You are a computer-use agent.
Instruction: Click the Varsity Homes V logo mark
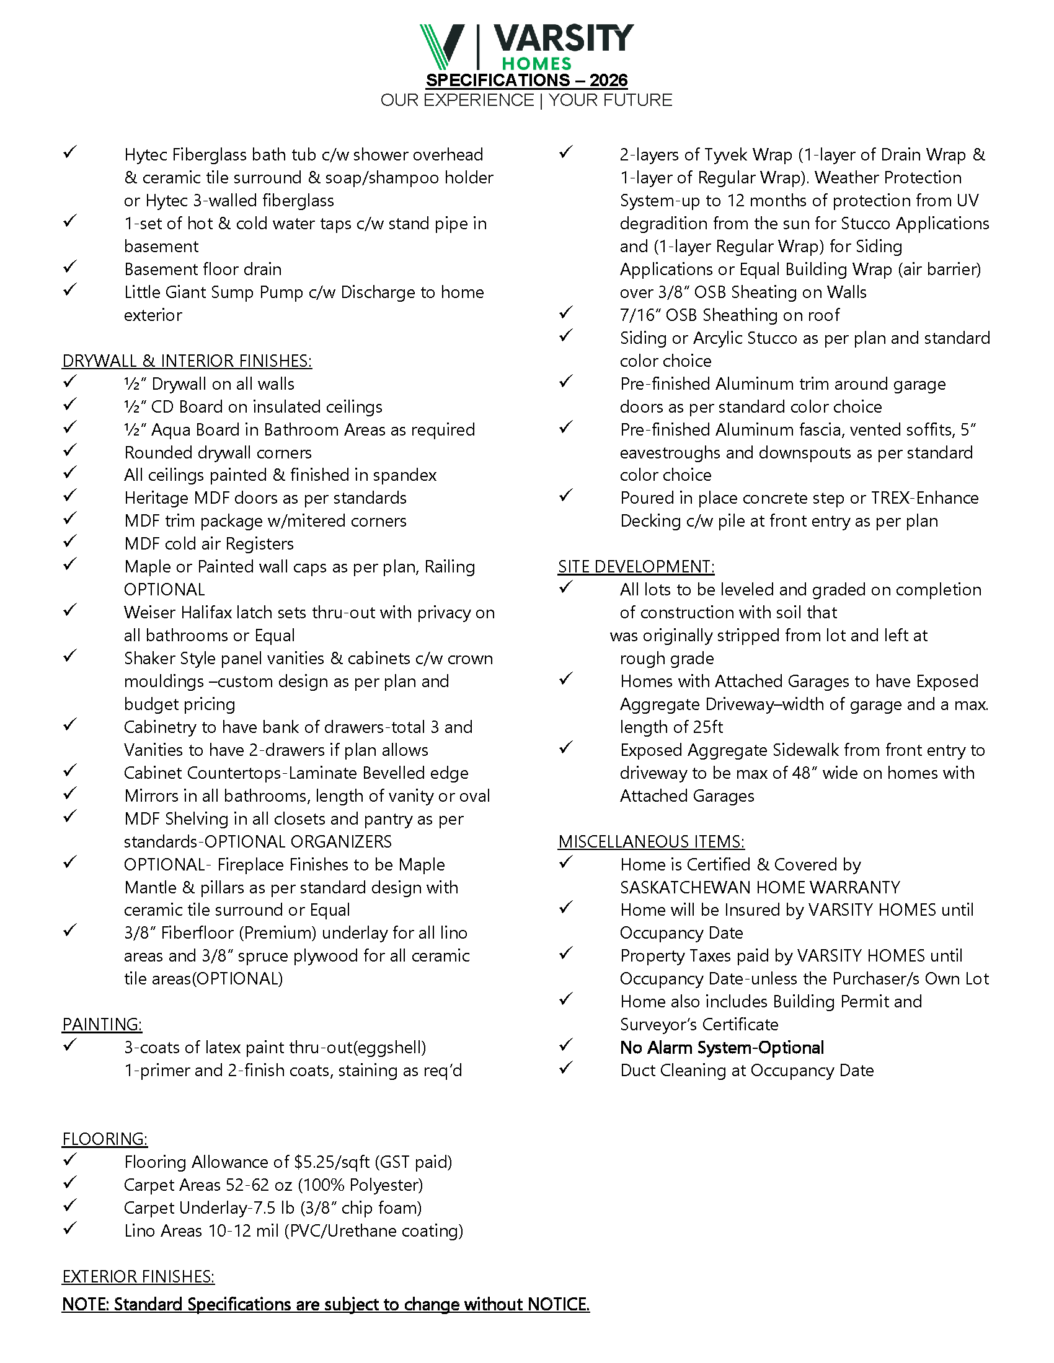442,46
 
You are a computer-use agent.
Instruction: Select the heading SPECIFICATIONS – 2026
526,81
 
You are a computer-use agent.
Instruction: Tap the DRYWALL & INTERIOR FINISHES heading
187,361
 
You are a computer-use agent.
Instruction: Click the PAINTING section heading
102,1025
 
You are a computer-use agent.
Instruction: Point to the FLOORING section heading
104,1139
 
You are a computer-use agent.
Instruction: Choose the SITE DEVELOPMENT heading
635,567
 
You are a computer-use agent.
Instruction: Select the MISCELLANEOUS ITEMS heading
650,842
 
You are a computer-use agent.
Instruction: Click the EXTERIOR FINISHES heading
138,1277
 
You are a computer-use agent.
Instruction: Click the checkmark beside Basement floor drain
70,267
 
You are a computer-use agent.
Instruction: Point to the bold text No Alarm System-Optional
722,1048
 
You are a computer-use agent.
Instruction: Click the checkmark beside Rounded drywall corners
70,450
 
